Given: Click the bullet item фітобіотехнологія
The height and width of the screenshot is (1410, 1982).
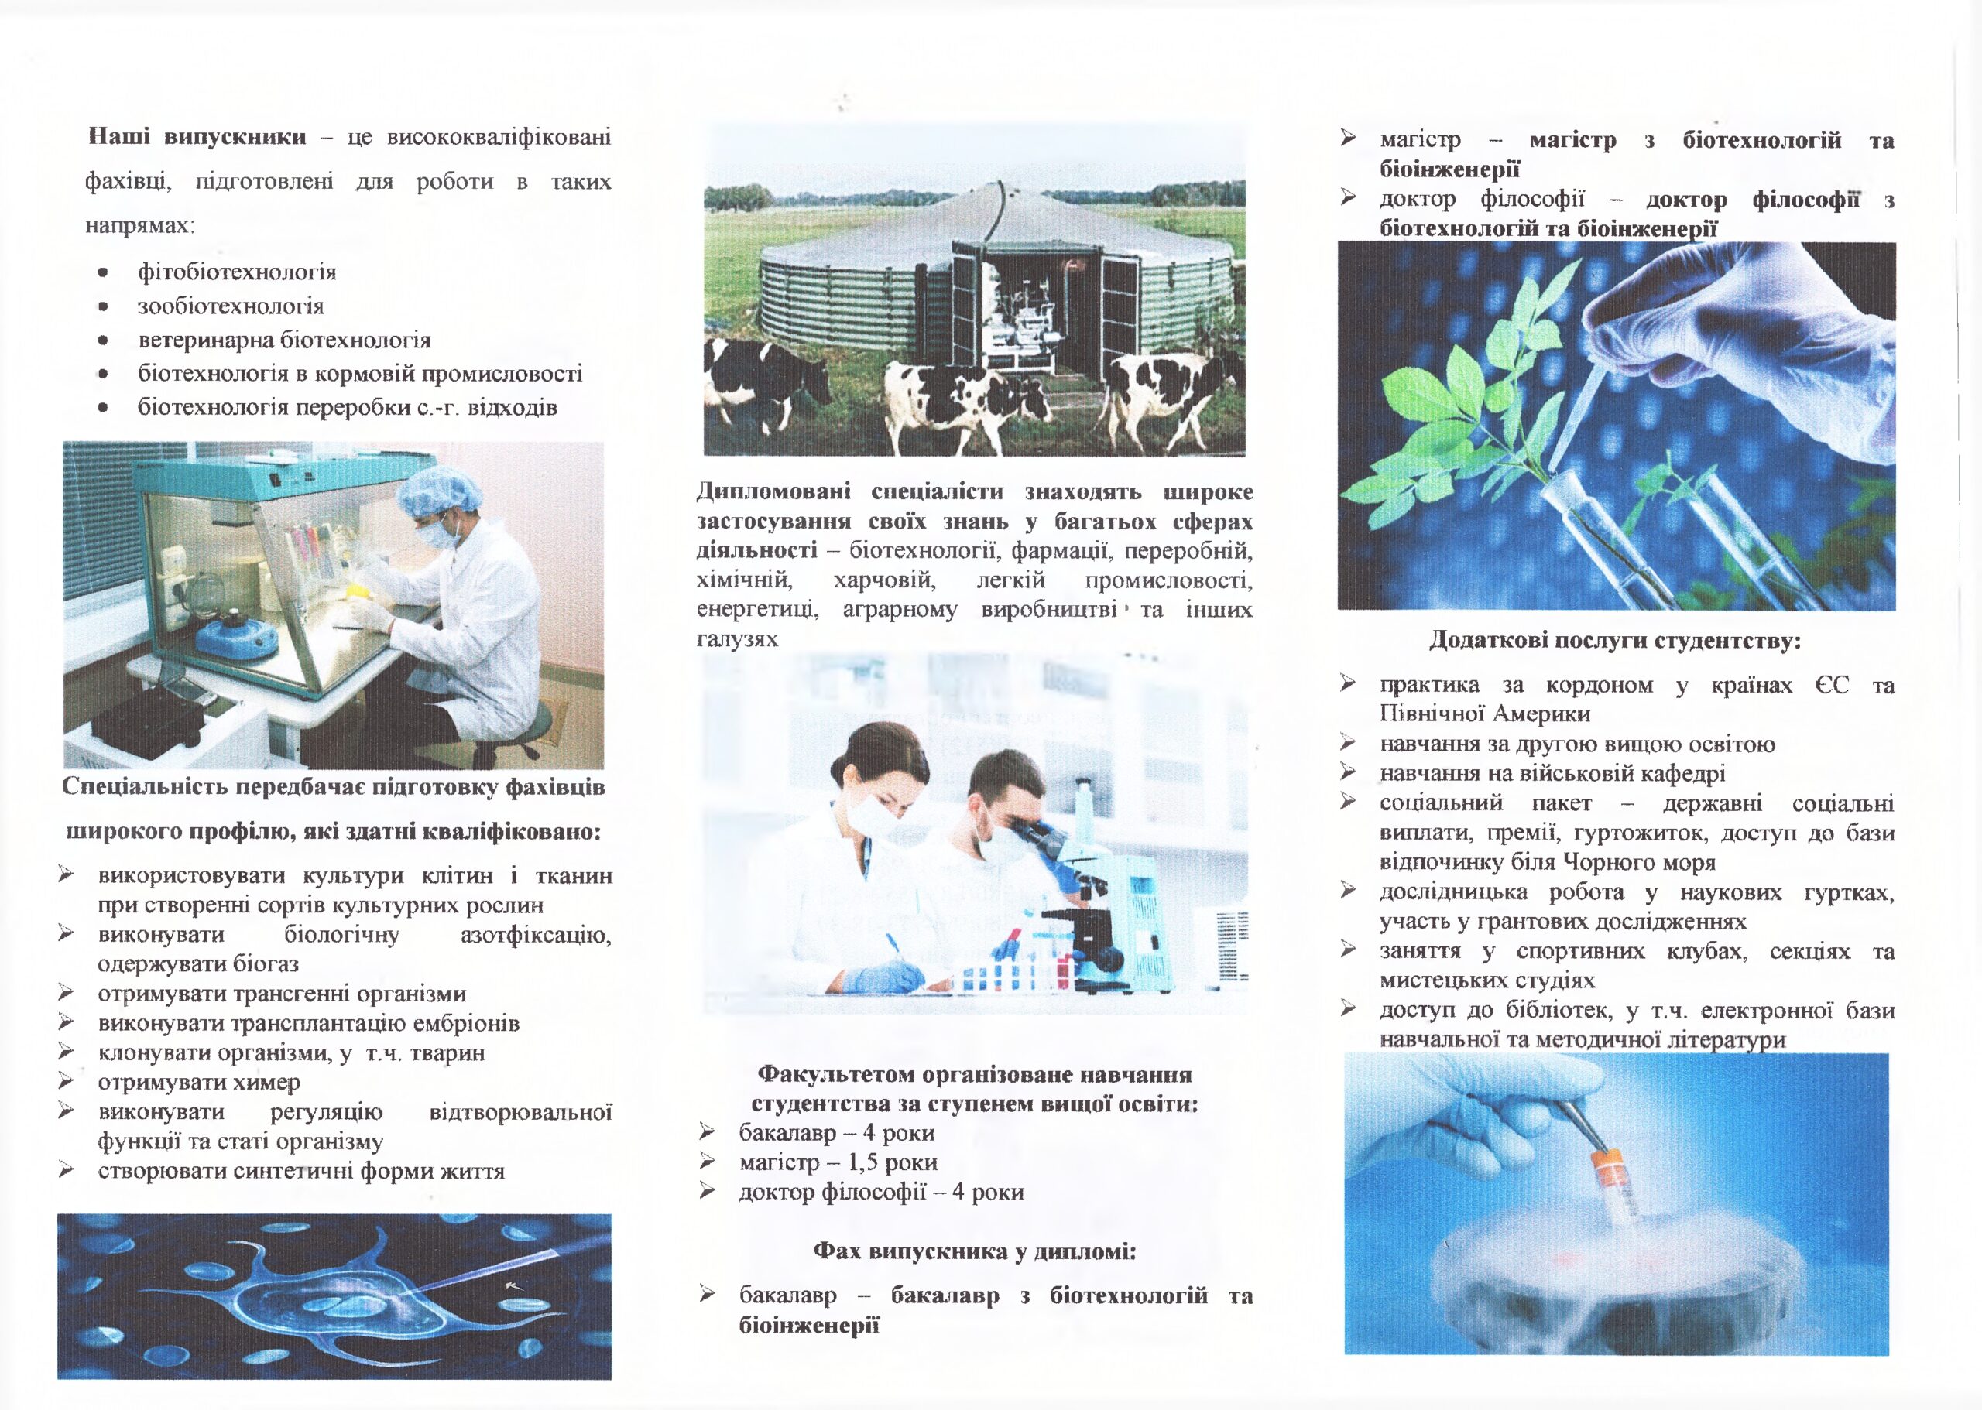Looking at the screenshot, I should (x=236, y=272).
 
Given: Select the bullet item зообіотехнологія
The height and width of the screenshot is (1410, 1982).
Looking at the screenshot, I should (x=230, y=306).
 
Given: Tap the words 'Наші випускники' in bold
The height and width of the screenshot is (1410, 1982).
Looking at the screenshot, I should (x=197, y=137).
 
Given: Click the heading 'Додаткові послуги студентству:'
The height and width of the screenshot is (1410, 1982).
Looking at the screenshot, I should (x=1614, y=641).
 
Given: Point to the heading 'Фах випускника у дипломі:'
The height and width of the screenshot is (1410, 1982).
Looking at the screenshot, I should (x=975, y=1251).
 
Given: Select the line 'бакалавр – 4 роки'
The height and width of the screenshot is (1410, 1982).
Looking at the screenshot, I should (x=835, y=1132).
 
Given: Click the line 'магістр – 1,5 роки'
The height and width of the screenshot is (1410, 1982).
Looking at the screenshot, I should (x=837, y=1162).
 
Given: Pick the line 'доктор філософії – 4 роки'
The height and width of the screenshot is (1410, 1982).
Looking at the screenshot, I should (x=881, y=1191).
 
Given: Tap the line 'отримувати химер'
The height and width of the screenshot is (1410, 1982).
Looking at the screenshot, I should (x=199, y=1082).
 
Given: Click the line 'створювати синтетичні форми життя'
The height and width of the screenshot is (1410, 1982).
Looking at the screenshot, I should (x=300, y=1170).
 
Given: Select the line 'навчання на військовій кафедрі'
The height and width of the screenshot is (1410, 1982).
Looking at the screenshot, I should (x=1552, y=773).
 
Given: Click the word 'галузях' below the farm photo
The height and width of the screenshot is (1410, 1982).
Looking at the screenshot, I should (x=736, y=639).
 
